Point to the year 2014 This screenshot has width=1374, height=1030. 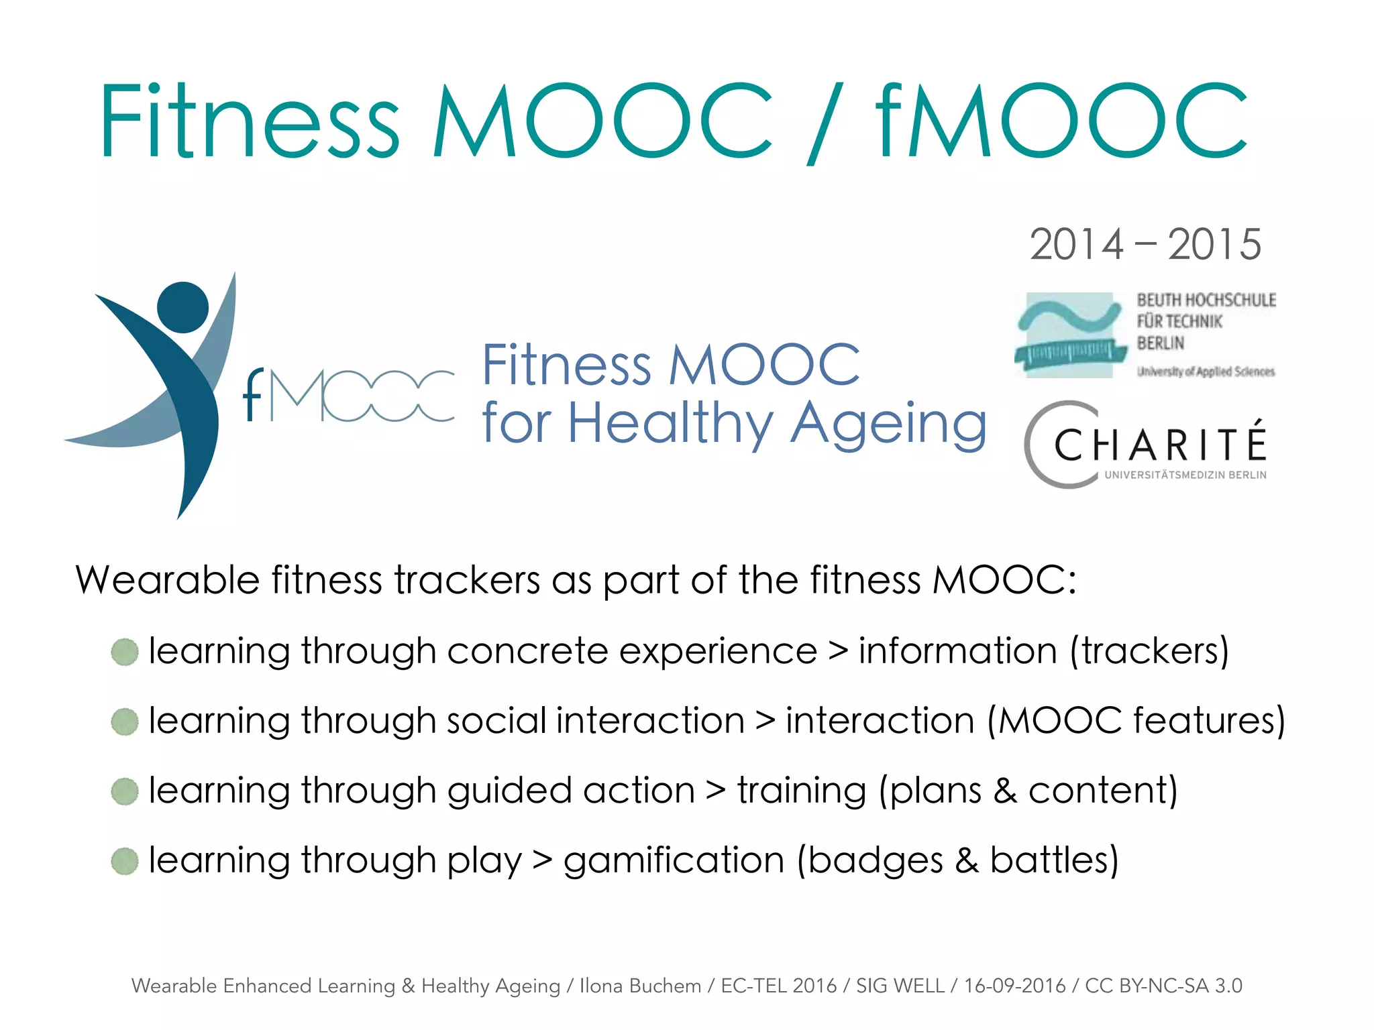click(x=1076, y=244)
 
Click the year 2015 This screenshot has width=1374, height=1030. click(x=1214, y=244)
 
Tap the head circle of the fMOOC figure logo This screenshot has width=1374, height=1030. click(x=182, y=307)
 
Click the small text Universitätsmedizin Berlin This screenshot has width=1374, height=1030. click(x=1185, y=475)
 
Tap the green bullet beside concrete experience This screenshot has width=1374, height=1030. click(x=125, y=652)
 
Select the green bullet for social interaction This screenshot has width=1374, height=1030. click(x=125, y=722)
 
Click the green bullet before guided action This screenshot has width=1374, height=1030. click(x=125, y=791)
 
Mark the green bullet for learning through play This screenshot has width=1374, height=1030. click(x=125, y=861)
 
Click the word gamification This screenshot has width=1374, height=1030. click(x=674, y=860)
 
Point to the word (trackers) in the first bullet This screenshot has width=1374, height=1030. click(x=1149, y=651)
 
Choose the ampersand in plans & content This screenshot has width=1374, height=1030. click(x=1005, y=791)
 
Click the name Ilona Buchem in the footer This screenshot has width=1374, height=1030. click(x=640, y=986)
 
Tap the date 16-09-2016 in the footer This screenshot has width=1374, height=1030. click(x=1014, y=986)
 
